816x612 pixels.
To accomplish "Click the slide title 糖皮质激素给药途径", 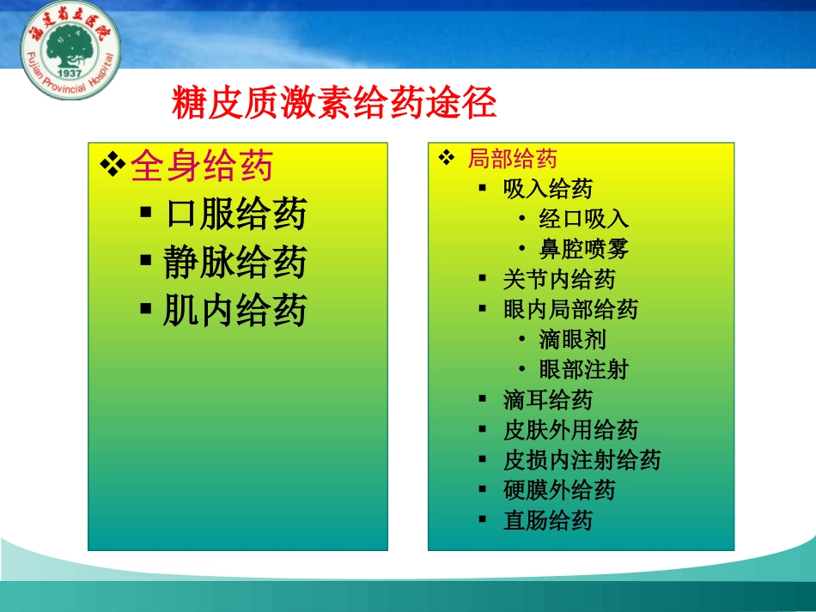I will coord(335,106).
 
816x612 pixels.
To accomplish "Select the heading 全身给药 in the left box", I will coord(201,167).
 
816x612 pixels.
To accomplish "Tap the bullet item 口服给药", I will coord(235,214).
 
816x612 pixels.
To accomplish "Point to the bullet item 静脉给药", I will coord(235,263).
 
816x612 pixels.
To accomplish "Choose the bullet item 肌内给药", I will coord(235,311).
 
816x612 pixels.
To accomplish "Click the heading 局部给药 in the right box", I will coord(512,158).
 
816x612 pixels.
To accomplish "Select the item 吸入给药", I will coord(548,188).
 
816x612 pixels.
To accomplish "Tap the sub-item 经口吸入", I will coord(584,218).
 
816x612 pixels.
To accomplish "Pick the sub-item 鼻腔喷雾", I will coord(584,249).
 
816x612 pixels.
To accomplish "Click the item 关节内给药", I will coord(559,279).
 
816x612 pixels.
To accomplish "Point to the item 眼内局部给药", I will coord(570,309).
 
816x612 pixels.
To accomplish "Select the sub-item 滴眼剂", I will coord(573,339).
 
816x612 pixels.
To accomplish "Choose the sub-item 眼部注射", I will coord(584,369).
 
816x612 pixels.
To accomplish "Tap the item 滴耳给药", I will coord(548,400).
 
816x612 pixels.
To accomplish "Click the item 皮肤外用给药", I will coord(570,430).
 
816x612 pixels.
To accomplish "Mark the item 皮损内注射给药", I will coord(582,460).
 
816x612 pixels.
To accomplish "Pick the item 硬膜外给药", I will coord(559,490).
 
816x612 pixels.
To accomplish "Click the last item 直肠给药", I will coord(548,520).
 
